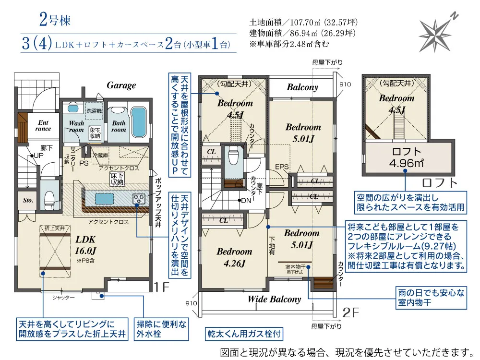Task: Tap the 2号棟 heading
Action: click(x=55, y=21)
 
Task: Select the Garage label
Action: click(x=121, y=85)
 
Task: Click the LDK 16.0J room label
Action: click(x=85, y=244)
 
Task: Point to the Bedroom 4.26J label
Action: click(x=234, y=257)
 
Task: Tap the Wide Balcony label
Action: click(x=274, y=299)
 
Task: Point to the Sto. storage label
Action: click(x=27, y=200)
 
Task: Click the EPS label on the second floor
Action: click(x=281, y=167)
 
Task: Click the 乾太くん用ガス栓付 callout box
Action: click(x=243, y=333)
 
